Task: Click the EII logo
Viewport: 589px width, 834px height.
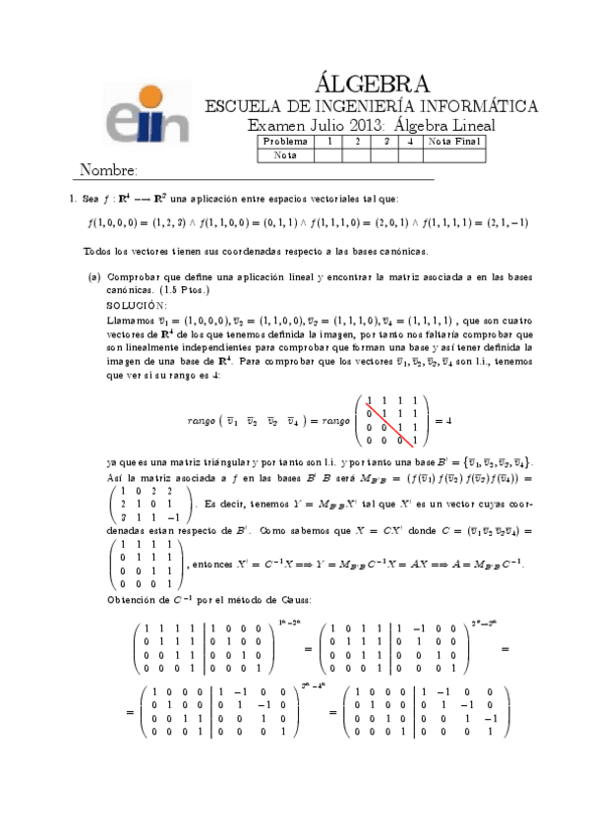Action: (147, 114)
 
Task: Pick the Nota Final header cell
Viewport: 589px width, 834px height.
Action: (455, 142)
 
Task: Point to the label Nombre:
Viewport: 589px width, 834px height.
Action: (107, 171)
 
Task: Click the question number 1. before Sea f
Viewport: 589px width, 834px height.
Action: (73, 199)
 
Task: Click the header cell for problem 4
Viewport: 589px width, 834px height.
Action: (409, 142)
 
